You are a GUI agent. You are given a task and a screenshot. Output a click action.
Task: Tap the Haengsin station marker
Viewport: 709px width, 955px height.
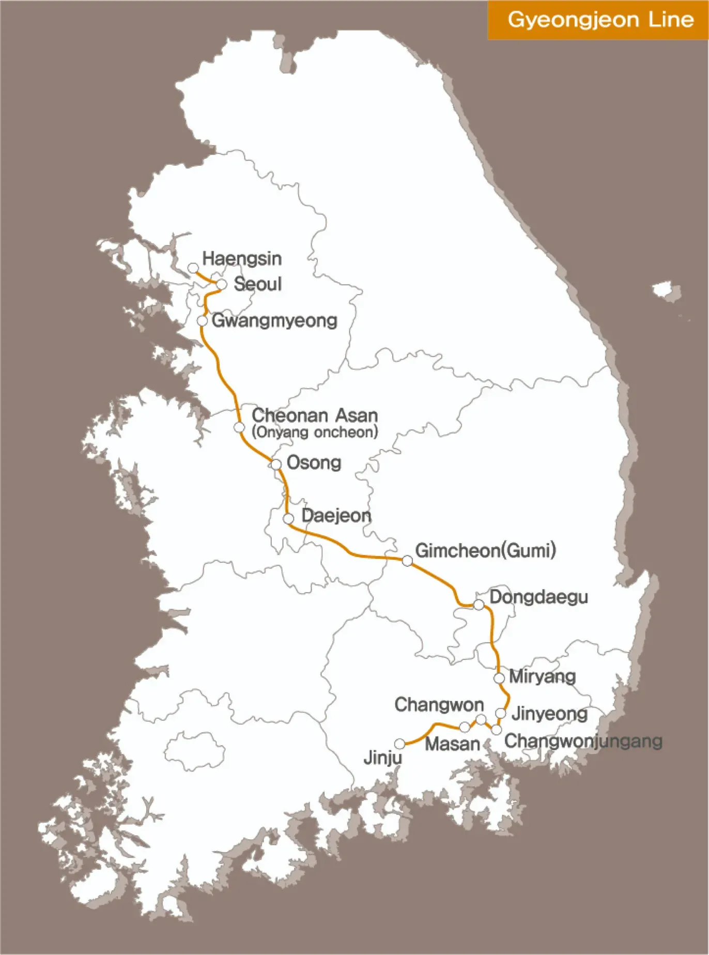pyautogui.click(x=193, y=268)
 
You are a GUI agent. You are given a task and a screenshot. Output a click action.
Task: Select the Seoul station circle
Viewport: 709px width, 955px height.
pyautogui.click(x=222, y=284)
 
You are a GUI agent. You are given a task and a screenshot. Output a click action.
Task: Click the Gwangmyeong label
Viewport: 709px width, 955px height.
pyautogui.click(x=274, y=321)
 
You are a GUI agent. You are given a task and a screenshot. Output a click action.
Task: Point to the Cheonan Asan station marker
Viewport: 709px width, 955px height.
pyautogui.click(x=239, y=427)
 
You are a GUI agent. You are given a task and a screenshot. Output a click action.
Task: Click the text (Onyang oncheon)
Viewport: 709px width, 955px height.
pyautogui.click(x=315, y=432)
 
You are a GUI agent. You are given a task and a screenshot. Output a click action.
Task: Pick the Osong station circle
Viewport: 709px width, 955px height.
pyautogui.click(x=276, y=464)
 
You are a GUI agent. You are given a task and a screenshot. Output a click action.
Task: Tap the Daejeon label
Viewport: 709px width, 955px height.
pyautogui.click(x=336, y=515)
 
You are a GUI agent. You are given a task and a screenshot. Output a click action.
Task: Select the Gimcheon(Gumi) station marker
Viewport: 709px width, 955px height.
pyautogui.click(x=407, y=561)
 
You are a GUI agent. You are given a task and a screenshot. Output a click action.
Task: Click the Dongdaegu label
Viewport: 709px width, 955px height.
pyautogui.click(x=538, y=597)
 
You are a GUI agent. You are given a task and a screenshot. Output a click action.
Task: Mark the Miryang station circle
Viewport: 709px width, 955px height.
pyautogui.click(x=499, y=678)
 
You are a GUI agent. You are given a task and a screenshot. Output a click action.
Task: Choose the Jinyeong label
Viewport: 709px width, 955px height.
pyautogui.click(x=549, y=714)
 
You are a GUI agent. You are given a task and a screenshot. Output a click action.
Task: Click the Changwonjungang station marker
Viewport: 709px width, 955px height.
pyautogui.click(x=496, y=730)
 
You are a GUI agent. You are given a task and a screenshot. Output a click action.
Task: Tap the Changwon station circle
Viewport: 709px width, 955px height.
pyautogui.click(x=481, y=719)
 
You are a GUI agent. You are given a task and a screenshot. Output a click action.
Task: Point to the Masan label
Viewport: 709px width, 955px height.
pyautogui.click(x=452, y=744)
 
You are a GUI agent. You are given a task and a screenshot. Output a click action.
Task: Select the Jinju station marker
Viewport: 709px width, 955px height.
pyautogui.click(x=400, y=744)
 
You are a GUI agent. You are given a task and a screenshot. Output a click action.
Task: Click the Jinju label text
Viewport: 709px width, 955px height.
pyautogui.click(x=383, y=758)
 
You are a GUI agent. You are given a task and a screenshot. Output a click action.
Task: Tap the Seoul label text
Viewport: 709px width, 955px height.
pyautogui.click(x=257, y=284)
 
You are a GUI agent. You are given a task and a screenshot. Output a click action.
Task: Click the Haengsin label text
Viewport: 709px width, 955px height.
pyautogui.click(x=242, y=258)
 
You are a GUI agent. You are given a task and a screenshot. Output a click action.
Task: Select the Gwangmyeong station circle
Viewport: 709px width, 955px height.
pyautogui.click(x=203, y=321)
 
